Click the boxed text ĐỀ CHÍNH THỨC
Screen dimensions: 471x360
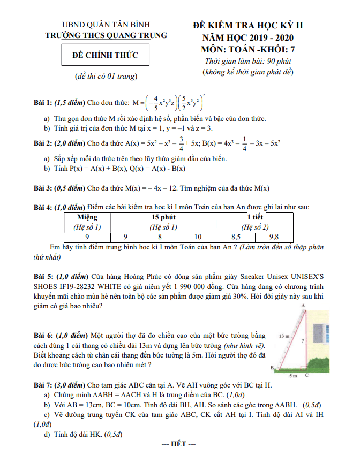click(x=106, y=55)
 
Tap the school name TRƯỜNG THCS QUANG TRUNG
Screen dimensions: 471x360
click(x=106, y=35)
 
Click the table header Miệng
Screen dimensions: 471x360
click(x=87, y=217)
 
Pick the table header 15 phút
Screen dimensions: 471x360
click(x=163, y=217)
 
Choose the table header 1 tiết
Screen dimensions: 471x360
click(x=254, y=217)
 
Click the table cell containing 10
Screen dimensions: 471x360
click(x=198, y=236)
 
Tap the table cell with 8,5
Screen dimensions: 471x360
click(x=236, y=236)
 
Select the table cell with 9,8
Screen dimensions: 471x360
click(x=274, y=236)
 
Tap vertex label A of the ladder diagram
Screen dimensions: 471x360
click(x=304, y=306)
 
